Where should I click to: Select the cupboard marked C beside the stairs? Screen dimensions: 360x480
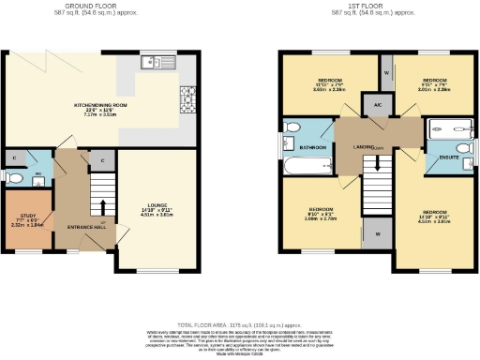(x=100, y=160)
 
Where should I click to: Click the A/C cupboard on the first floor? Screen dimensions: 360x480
(x=377, y=105)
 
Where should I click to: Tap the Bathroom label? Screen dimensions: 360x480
(x=312, y=147)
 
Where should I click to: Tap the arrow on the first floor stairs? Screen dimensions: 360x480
(x=377, y=162)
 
